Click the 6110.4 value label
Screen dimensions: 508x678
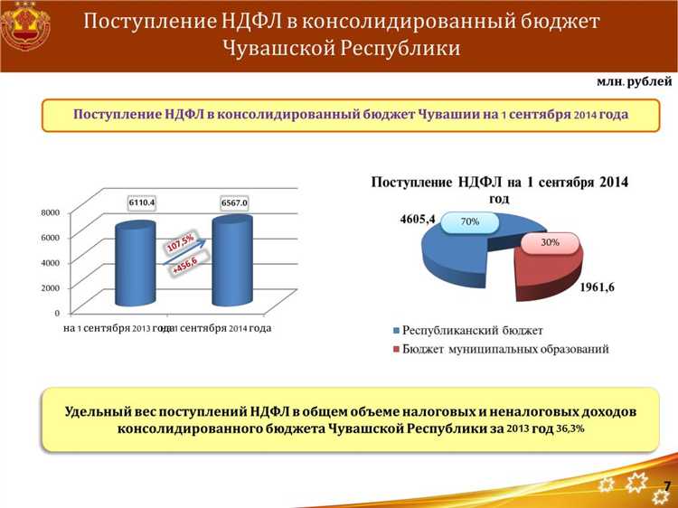pyautogui.click(x=141, y=202)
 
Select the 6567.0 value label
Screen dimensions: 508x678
pyautogui.click(x=232, y=202)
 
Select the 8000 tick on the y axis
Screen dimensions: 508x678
pyautogui.click(x=50, y=212)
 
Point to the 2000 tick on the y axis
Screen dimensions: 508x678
pyautogui.click(x=50, y=287)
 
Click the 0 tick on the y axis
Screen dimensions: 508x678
pyautogui.click(x=57, y=313)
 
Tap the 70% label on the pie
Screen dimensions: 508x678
pyautogui.click(x=469, y=221)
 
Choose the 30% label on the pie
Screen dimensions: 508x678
pyautogui.click(x=550, y=242)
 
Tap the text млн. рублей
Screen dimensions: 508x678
pyautogui.click(x=634, y=81)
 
